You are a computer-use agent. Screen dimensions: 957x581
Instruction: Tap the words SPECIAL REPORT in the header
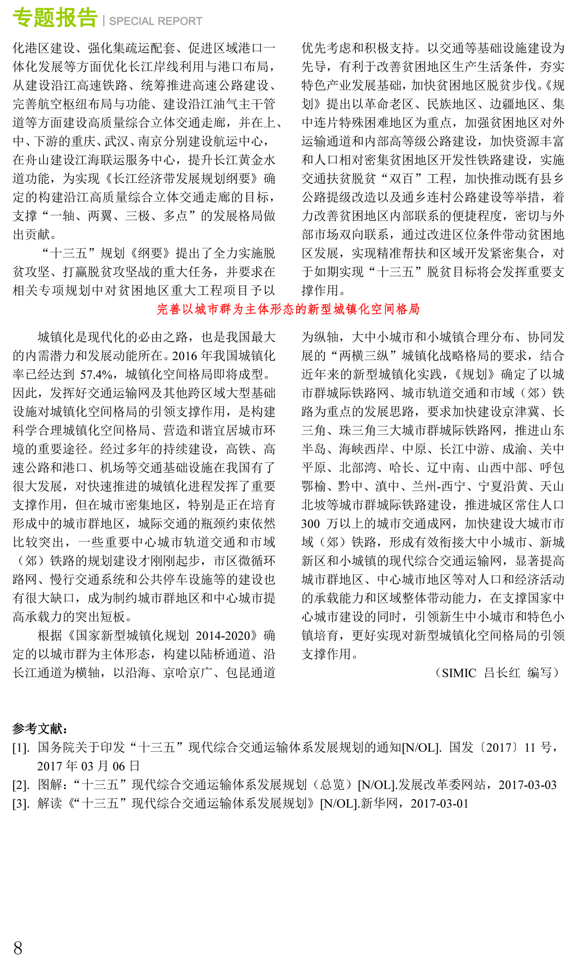pyautogui.click(x=155, y=21)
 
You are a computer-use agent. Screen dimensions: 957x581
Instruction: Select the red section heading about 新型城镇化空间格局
pyautogui.click(x=288, y=309)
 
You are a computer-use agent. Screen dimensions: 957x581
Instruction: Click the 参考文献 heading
pyautogui.click(x=40, y=729)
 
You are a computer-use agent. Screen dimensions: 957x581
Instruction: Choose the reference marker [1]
pyautogui.click(x=21, y=748)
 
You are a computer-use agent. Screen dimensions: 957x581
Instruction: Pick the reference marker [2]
pyautogui.click(x=21, y=785)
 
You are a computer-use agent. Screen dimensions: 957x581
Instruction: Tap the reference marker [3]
pyautogui.click(x=21, y=804)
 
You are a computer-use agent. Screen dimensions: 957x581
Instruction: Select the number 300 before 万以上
pyautogui.click(x=310, y=523)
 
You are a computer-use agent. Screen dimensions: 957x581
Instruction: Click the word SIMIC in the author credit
pyautogui.click(x=459, y=673)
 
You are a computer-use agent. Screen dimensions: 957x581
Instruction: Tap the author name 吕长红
pyautogui.click(x=502, y=673)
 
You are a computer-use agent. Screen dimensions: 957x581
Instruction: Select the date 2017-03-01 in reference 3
pyautogui.click(x=439, y=804)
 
